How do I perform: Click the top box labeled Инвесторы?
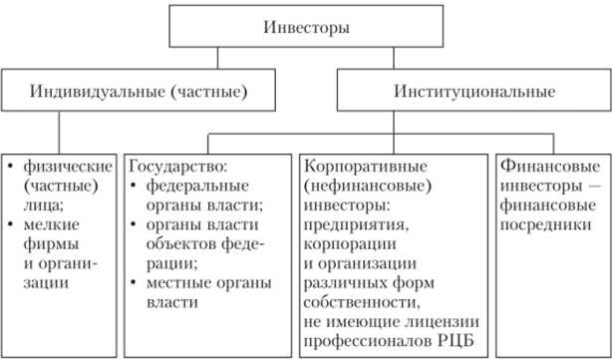(x=306, y=26)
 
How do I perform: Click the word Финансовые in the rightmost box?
(x=541, y=162)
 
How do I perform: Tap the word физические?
(x=61, y=162)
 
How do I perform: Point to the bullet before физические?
(x=10, y=162)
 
